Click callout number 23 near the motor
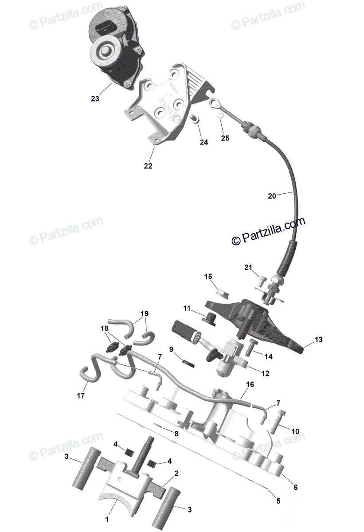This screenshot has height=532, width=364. [95, 98]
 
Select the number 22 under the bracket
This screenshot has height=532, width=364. [148, 166]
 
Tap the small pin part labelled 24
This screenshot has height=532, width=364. [193, 119]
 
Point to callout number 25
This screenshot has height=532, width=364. [225, 138]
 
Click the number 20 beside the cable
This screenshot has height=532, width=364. [272, 196]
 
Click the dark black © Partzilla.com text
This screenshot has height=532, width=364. [268, 231]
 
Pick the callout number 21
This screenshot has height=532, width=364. [248, 267]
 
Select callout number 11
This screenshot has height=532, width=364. [187, 308]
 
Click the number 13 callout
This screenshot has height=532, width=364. [318, 340]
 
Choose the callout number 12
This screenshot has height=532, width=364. [265, 373]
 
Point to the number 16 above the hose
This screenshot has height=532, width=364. [250, 384]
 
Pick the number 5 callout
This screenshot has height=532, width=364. [278, 501]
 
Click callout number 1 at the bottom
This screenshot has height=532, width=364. [106, 517]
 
